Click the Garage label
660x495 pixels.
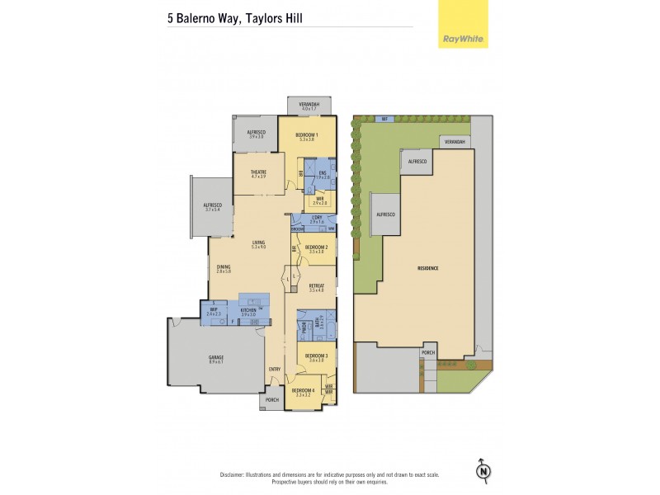click(215, 357)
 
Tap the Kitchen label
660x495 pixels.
click(248, 310)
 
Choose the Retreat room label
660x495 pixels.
click(318, 285)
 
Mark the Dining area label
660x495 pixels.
click(224, 266)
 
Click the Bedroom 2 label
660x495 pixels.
click(318, 247)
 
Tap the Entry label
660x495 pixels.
click(275, 369)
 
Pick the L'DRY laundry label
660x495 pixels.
click(317, 218)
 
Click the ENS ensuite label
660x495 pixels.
click(323, 172)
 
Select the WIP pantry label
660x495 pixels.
click(213, 310)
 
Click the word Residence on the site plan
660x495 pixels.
click(427, 269)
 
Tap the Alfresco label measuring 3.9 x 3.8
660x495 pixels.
click(256, 132)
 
